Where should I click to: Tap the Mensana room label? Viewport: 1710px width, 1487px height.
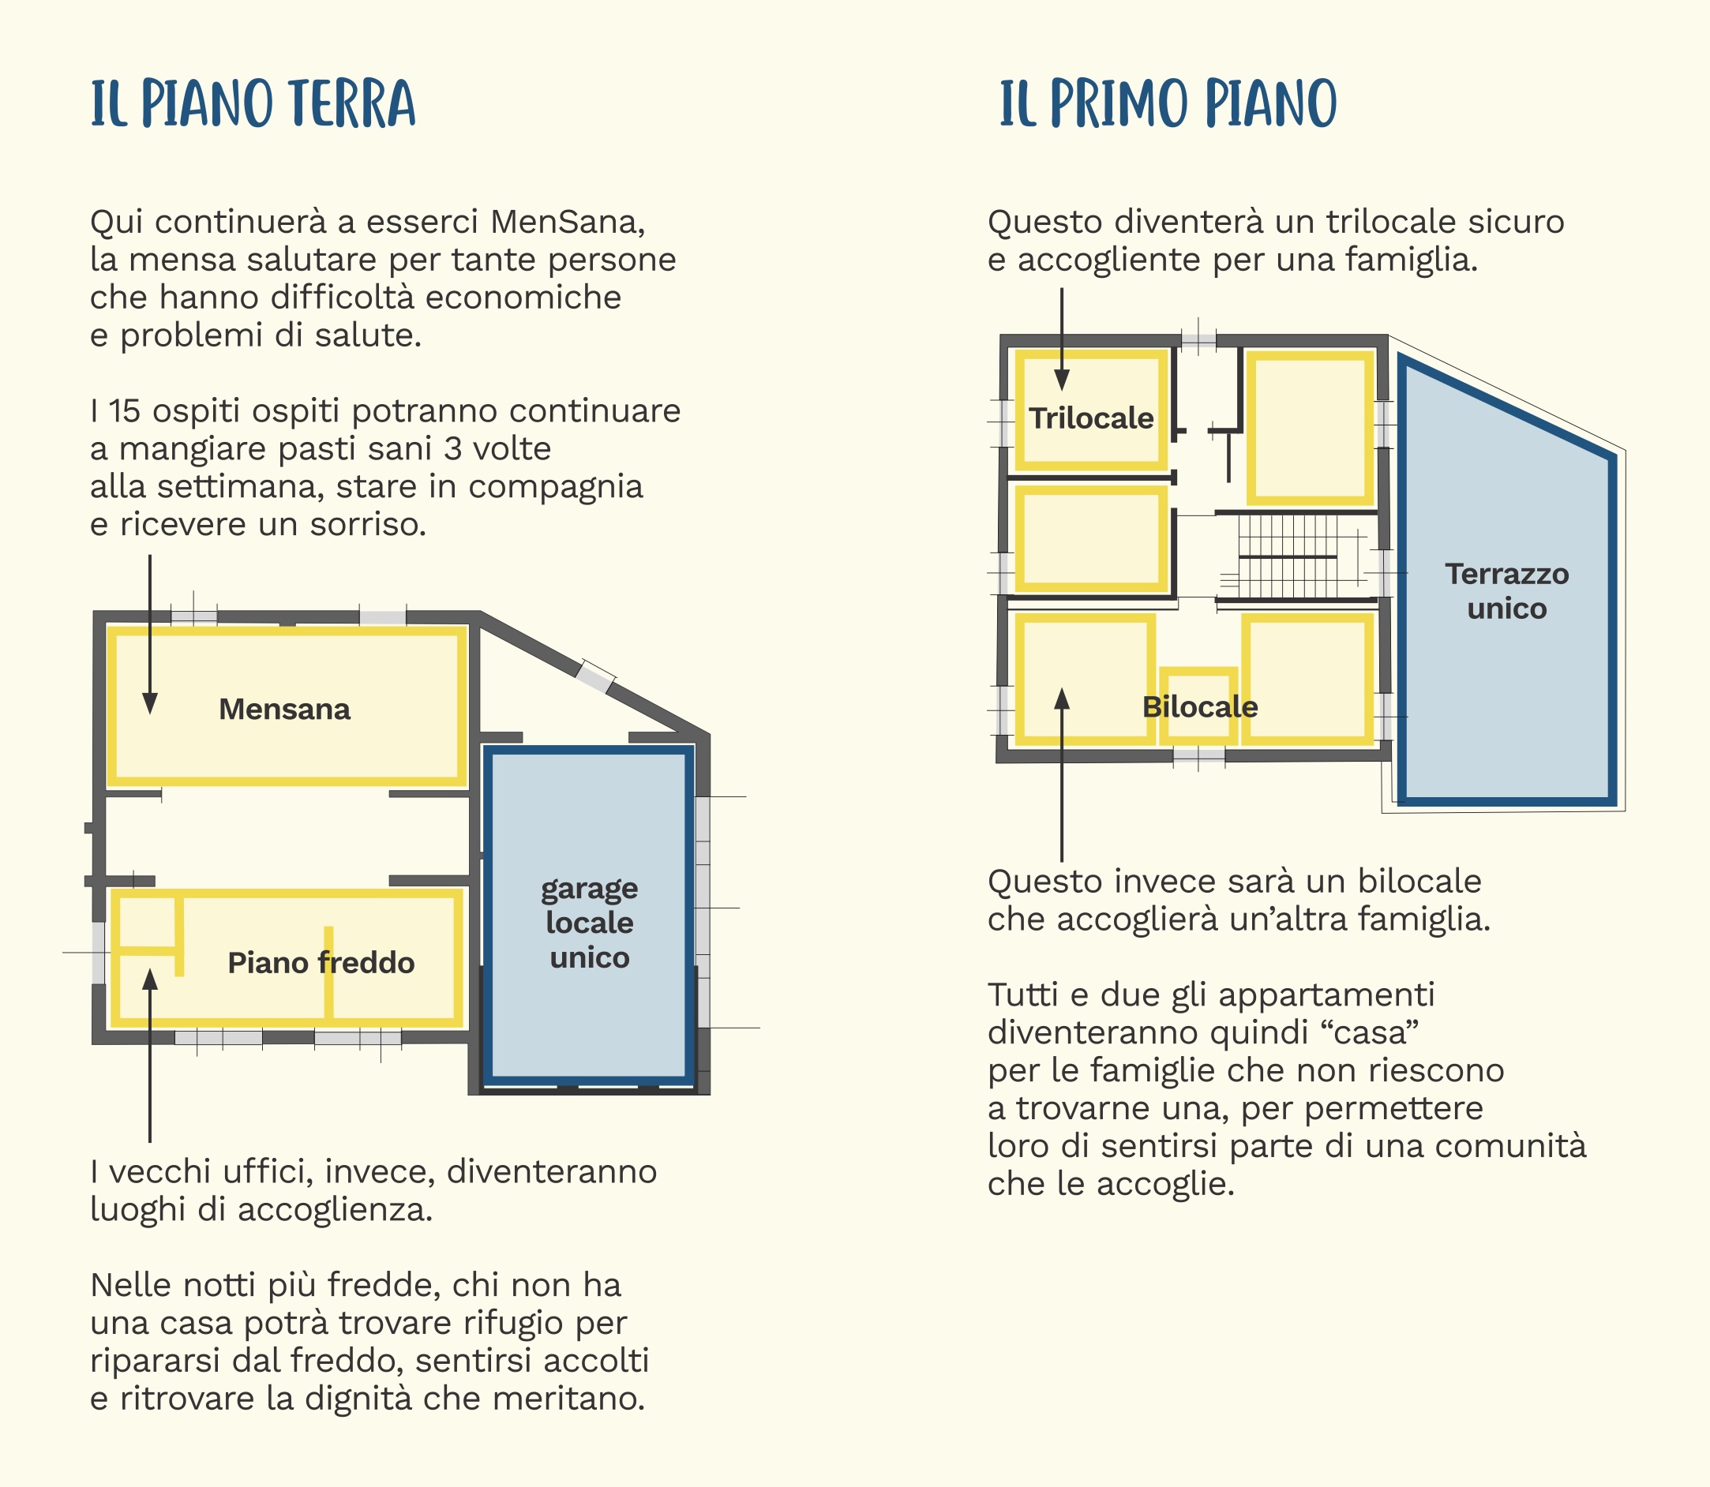(x=285, y=710)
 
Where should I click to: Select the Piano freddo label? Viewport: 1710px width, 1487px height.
(x=321, y=963)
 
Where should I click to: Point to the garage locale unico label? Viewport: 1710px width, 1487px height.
(x=590, y=923)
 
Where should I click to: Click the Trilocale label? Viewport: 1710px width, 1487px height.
(x=1092, y=418)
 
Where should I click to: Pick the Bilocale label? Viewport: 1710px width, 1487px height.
(x=1200, y=707)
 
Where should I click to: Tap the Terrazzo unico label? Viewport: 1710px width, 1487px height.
(x=1507, y=591)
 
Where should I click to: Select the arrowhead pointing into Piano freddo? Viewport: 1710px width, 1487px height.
(x=150, y=980)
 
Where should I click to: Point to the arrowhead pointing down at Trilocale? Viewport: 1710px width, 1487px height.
(x=1062, y=380)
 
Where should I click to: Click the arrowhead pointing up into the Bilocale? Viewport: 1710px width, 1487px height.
(x=1062, y=699)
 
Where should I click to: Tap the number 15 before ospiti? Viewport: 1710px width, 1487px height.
(x=125, y=410)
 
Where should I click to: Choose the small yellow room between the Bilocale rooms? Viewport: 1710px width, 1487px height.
(x=1198, y=706)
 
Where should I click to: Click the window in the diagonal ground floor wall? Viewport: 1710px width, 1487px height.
(x=596, y=676)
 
